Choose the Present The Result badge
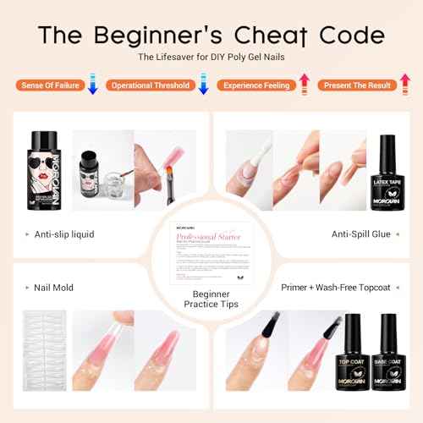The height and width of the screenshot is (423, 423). [354, 85]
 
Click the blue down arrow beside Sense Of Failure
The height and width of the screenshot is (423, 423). [93, 85]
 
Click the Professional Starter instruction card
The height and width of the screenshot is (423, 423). [211, 255]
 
